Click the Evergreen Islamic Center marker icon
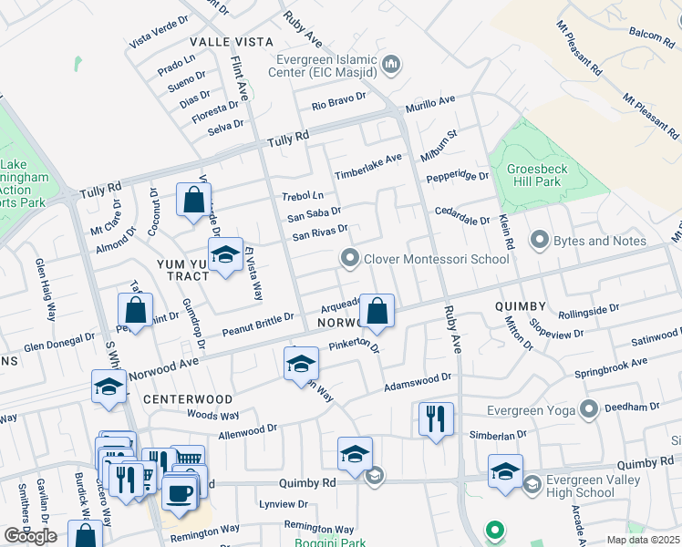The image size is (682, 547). pyautogui.click(x=392, y=64)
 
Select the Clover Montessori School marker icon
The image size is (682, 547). pyautogui.click(x=349, y=259)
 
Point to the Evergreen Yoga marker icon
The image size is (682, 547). pyautogui.click(x=589, y=408)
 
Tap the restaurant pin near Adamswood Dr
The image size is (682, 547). pyautogui.click(x=436, y=418)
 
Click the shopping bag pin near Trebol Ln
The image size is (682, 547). pyautogui.click(x=193, y=200)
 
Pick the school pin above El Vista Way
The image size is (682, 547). pyautogui.click(x=225, y=256)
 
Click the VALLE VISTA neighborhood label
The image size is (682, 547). pyautogui.click(x=232, y=42)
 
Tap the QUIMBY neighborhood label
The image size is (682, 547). pyautogui.click(x=520, y=306)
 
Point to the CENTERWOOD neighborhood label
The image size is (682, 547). pyautogui.click(x=187, y=399)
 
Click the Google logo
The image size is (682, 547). pyautogui.click(x=30, y=536)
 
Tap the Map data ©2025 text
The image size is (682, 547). pyautogui.click(x=642, y=540)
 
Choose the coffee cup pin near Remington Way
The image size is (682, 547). pyautogui.click(x=179, y=493)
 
